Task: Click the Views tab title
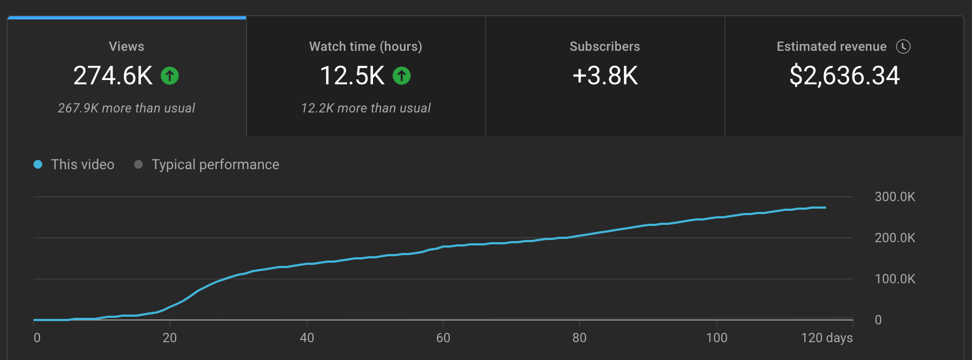[x=127, y=46]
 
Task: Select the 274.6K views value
[x=113, y=76]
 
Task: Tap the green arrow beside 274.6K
[x=170, y=76]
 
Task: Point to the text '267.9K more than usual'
[x=127, y=108]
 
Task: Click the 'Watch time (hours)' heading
[x=365, y=46]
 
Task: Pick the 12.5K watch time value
[x=352, y=76]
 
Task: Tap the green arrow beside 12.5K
[x=402, y=76]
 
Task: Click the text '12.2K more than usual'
[x=365, y=108]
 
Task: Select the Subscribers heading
[x=604, y=46]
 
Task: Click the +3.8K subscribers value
[x=605, y=76]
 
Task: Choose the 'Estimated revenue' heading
[x=831, y=46]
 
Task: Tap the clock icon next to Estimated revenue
[x=903, y=46]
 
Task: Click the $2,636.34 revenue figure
[x=844, y=76]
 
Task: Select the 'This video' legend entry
[x=82, y=164]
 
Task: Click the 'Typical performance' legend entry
[x=215, y=164]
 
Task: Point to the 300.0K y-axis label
[x=895, y=197]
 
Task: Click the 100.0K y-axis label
[x=895, y=279]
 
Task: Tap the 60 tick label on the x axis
[x=443, y=338]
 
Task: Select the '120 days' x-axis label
[x=827, y=338]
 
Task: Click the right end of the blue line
[x=825, y=208]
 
